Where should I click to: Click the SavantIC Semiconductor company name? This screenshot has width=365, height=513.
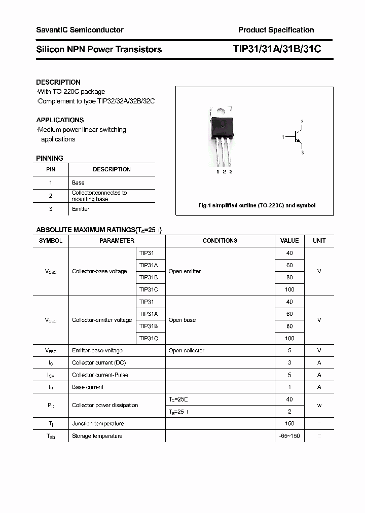pos(80,30)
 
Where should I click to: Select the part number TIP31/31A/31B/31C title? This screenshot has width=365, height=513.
pos(277,49)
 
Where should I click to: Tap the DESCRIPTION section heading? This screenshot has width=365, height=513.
pos(58,82)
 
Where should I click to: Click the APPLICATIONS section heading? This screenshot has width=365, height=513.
pos(60,120)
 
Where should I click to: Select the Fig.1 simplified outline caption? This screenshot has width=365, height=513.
pos(257,205)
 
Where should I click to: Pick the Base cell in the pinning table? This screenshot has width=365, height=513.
pos(78,182)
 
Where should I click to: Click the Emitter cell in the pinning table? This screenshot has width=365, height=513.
pos(81,209)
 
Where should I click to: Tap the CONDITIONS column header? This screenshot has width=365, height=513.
pos(220,241)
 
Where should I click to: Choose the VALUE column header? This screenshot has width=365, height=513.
pos(289,241)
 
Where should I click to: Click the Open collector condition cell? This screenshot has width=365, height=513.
pos(187,350)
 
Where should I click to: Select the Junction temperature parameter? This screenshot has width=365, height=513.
pos(98,424)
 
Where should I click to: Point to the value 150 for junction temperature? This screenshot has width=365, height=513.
pos(289,424)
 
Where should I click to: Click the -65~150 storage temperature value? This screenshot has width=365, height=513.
pos(289,436)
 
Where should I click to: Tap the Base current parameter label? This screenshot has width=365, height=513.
pos(88,387)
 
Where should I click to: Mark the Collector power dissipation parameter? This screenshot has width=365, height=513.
pos(105,405)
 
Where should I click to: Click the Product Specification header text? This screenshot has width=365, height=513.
pos(276,30)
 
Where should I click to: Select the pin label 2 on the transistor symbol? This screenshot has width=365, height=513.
pos(302,122)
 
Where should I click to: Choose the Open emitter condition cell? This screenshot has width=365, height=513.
pos(185,271)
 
